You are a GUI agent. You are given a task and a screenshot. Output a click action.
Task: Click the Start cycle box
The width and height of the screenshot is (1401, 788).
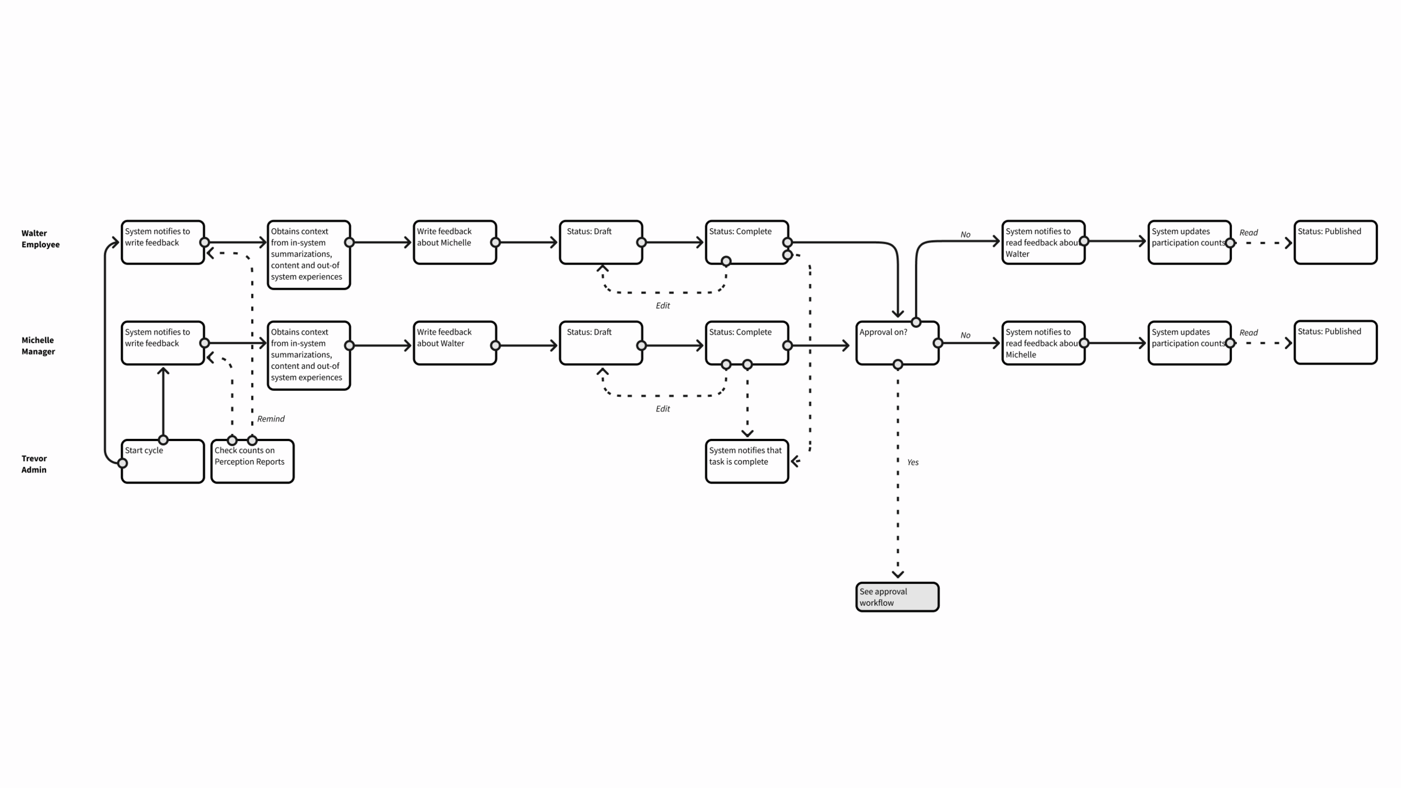163,461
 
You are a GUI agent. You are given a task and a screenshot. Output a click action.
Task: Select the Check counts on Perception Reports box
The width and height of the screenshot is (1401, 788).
252,461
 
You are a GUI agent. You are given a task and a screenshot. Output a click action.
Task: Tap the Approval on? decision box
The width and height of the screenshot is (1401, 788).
897,343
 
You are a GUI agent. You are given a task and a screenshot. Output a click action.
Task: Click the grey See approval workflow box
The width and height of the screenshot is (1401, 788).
897,597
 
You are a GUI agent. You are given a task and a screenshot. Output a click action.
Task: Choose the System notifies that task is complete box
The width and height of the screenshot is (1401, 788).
746,461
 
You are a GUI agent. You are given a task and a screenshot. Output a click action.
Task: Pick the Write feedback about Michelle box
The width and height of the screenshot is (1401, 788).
454,242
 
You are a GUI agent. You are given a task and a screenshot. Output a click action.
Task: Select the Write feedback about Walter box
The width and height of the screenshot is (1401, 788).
454,343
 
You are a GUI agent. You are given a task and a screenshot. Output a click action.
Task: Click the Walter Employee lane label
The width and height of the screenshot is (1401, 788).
40,239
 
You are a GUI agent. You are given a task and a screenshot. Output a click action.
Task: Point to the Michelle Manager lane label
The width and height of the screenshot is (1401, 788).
38,346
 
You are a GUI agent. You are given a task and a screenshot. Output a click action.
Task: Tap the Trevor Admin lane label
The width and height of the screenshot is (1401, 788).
34,464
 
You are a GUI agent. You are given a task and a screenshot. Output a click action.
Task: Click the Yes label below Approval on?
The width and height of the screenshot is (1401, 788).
913,462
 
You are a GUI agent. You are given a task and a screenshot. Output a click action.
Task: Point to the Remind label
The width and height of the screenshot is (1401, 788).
271,419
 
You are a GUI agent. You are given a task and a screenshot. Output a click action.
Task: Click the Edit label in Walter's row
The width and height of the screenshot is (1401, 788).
662,305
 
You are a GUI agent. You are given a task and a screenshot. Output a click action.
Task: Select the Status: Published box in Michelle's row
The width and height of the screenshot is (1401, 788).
1335,342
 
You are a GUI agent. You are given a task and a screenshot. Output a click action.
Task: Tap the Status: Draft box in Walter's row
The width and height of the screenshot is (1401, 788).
601,242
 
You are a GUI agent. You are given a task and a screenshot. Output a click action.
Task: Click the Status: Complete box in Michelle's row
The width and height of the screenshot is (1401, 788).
746,343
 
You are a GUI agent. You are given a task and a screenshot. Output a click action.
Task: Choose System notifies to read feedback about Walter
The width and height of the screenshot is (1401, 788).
1043,242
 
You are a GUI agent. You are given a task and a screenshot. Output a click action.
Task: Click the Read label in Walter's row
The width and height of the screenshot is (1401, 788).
1249,233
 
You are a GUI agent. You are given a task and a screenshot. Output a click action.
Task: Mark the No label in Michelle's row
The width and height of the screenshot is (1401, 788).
965,335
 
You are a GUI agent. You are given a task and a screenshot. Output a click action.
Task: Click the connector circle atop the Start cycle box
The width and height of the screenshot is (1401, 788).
163,440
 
